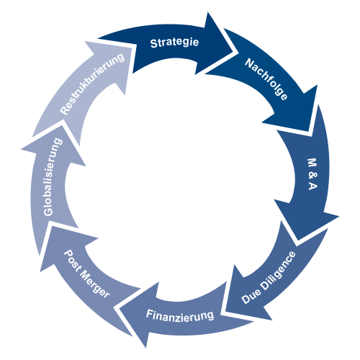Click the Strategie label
point(174,42)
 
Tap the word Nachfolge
point(266,79)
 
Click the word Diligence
point(279,271)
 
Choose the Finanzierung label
point(180,315)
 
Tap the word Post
point(73,261)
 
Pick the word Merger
point(94,285)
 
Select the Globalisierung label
point(52,177)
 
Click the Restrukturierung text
point(92,84)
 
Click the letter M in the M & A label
point(312,163)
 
